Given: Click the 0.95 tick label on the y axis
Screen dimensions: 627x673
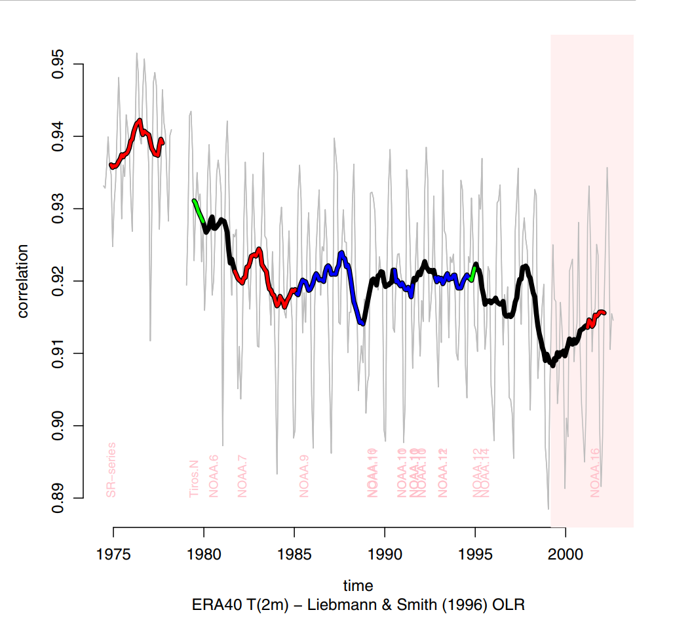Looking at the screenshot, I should (57, 64).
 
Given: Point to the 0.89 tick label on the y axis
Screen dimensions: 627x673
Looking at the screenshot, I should (57, 498).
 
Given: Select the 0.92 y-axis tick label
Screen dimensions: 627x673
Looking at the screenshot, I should (57, 281).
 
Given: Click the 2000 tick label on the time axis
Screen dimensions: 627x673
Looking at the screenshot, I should (566, 551).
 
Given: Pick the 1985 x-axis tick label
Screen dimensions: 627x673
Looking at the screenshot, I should (294, 551).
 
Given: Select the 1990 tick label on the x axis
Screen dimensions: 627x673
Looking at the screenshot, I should (385, 551).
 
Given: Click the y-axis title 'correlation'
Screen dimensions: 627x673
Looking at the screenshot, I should (24, 281).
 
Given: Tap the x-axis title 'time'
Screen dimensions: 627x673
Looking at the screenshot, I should (358, 585).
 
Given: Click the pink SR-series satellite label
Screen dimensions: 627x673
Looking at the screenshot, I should (111, 470).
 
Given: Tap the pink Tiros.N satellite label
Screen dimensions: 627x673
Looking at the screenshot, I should (194, 478).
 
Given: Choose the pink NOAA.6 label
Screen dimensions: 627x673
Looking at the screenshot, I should (214, 476).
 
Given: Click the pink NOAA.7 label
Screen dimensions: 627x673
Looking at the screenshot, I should (242, 476).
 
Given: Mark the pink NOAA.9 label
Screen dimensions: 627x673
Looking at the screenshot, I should (304, 476).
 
